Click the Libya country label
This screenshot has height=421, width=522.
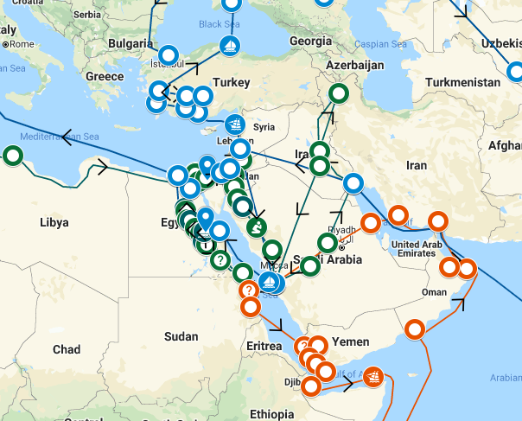pos(54,222)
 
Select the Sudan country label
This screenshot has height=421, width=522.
pos(181,335)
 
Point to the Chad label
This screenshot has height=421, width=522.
pos(66,349)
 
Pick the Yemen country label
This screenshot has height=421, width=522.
pos(350,341)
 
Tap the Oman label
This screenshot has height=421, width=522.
pos(433,291)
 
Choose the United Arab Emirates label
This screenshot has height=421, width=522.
pos(422,249)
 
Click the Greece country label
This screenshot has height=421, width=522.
pos(105,76)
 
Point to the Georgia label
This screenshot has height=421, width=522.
pos(311,41)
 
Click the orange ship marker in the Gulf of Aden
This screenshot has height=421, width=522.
pos(372,376)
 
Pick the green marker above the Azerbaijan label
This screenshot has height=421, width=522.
pos(339,92)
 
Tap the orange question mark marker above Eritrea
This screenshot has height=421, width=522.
pos(248,290)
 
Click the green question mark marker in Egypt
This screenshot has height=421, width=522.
pos(220,258)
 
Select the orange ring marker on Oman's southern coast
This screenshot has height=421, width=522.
pos(416,329)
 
